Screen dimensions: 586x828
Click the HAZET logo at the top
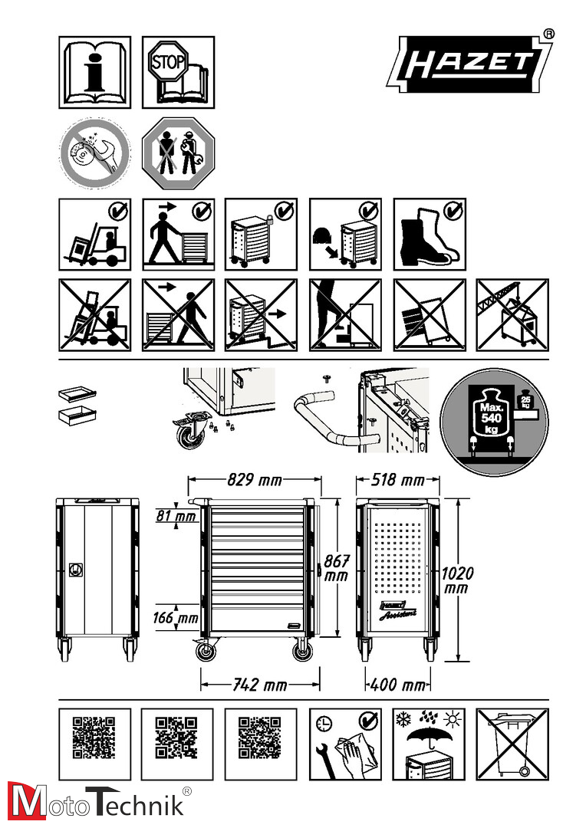pyautogui.click(x=469, y=64)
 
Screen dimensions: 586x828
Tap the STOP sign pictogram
pyautogui.click(x=167, y=61)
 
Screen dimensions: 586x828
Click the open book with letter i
pyautogui.click(x=94, y=72)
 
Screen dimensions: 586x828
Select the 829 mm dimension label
pyautogui.click(x=255, y=479)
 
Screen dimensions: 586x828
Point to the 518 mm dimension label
pyautogui.click(x=398, y=479)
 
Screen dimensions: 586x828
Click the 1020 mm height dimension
pyautogui.click(x=458, y=580)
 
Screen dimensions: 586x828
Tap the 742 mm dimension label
pyautogui.click(x=260, y=685)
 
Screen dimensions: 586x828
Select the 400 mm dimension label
pyautogui.click(x=397, y=685)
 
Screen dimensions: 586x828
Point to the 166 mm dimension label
pyautogui.click(x=176, y=617)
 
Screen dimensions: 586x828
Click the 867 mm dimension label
pyautogui.click(x=336, y=567)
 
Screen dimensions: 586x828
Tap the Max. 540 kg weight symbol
pyautogui.click(x=493, y=421)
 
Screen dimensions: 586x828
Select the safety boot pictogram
pyautogui.click(x=430, y=234)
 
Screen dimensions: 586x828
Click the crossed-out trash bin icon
pyautogui.click(x=512, y=744)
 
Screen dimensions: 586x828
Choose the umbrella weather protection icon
pyautogui.click(x=429, y=744)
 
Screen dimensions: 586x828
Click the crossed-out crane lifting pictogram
pyautogui.click(x=512, y=315)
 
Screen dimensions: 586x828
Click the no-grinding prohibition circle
pyautogui.click(x=94, y=153)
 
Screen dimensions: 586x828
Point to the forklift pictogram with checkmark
pyautogui.click(x=94, y=234)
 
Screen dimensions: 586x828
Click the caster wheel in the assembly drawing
pyautogui.click(x=189, y=432)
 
